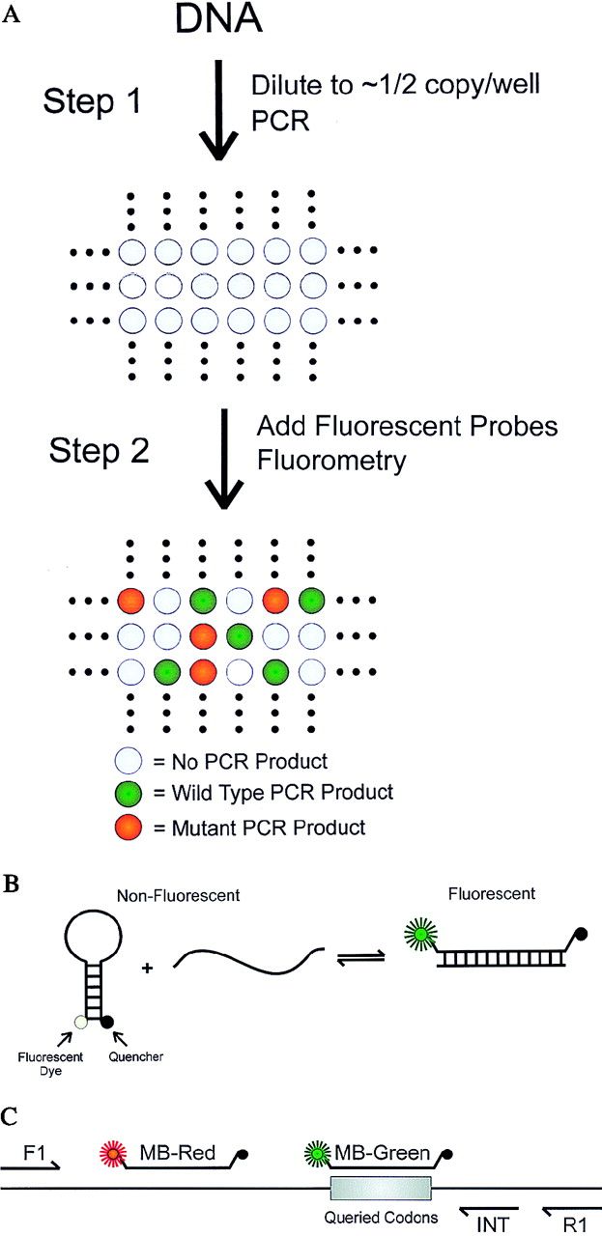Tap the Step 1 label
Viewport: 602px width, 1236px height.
pyautogui.click(x=95, y=98)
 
